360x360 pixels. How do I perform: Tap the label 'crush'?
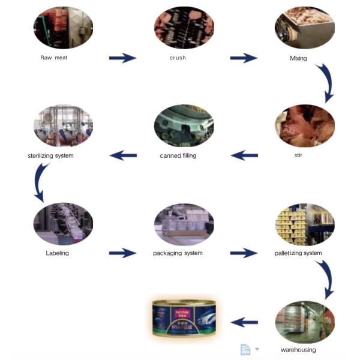pos(178,58)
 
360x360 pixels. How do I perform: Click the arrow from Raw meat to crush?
pos(122,58)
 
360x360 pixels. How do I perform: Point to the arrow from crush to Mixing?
pos(244,58)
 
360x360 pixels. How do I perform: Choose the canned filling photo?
pos(184,125)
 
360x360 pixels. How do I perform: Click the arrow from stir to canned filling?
pos(244,156)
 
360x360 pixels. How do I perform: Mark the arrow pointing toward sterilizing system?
pos(123,156)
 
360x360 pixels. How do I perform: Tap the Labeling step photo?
pos(63,223)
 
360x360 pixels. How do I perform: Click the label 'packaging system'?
pos(178,253)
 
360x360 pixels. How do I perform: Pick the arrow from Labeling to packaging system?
pos(122,253)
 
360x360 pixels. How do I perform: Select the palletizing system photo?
pos(304,223)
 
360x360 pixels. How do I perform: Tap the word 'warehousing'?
pos(298,350)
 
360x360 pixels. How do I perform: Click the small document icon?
pos(245,349)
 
